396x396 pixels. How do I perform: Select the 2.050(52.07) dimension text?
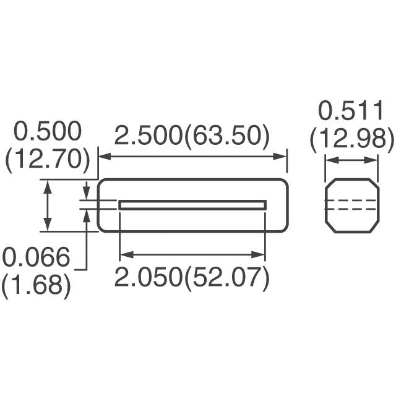(192, 278)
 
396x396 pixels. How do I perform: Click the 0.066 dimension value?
(35, 258)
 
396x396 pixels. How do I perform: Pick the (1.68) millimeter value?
(35, 286)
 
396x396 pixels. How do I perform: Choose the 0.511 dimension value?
(351, 112)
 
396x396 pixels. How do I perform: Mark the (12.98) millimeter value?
(351, 140)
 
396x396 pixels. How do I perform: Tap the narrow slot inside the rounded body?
(192, 205)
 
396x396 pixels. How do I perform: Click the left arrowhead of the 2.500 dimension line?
(103, 157)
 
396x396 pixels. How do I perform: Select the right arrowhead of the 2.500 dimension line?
(283, 157)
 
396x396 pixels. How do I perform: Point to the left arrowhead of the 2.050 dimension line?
(123, 254)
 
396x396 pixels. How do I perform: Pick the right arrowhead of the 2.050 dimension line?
(261, 254)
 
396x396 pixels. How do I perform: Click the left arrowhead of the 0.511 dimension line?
(329, 161)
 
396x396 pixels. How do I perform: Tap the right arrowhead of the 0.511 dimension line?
(373, 161)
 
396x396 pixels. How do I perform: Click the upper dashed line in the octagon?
(351, 200)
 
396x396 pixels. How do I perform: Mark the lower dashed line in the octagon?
(351, 209)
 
